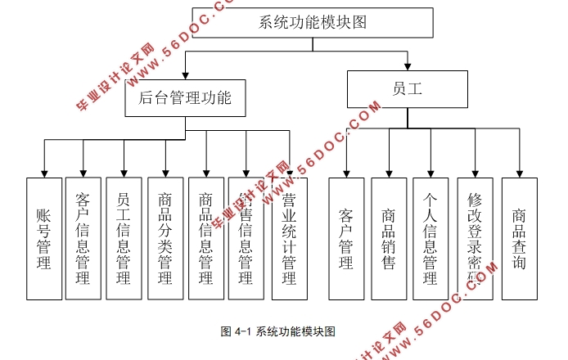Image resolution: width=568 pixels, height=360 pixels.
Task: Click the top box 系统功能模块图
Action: (312, 22)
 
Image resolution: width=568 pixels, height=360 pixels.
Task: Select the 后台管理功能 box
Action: (185, 99)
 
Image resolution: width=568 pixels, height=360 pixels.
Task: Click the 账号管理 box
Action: (44, 238)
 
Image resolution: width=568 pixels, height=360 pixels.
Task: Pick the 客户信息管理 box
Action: (83, 238)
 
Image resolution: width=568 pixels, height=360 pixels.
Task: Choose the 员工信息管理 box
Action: (124, 238)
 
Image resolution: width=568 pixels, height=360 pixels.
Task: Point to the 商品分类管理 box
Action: (165, 238)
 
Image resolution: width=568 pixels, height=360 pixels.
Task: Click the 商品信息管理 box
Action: (205, 238)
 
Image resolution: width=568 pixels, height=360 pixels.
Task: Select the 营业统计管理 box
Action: (289, 238)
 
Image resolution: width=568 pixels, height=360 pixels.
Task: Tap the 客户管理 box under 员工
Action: (346, 238)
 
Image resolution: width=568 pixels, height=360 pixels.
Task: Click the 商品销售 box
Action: (389, 238)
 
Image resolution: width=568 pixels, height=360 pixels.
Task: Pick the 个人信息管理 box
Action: (431, 238)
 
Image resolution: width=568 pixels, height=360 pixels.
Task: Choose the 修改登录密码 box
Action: (475, 238)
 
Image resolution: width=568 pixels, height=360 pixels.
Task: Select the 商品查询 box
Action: (519, 238)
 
